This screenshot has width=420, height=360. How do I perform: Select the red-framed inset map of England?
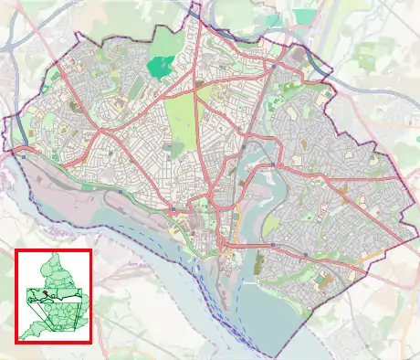click(54, 295)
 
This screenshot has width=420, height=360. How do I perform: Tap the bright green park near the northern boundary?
click(160, 65)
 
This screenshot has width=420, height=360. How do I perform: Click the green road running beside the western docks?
click(119, 190)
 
